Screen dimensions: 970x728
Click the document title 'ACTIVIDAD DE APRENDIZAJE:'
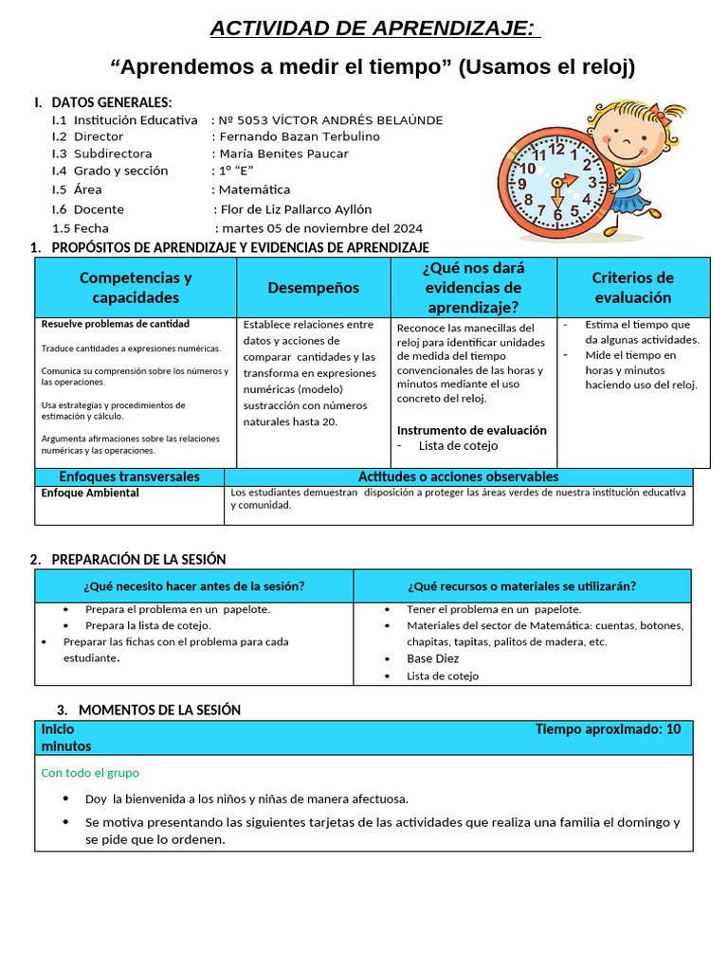pyautogui.click(x=375, y=28)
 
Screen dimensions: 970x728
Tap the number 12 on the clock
pyautogui.click(x=556, y=149)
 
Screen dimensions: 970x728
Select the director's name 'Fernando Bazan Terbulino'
pyautogui.click(x=299, y=136)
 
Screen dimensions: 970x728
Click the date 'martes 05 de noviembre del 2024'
pyautogui.click(x=322, y=228)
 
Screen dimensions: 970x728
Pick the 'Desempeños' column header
pyautogui.click(x=314, y=287)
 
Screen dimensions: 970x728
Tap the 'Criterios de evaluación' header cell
pyautogui.click(x=632, y=287)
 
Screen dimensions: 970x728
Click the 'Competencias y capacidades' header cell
pyautogui.click(x=136, y=287)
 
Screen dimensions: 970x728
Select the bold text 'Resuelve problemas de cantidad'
pyautogui.click(x=116, y=324)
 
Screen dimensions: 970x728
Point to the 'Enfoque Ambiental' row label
pyautogui.click(x=90, y=494)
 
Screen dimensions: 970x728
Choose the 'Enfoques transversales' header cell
pyautogui.click(x=130, y=476)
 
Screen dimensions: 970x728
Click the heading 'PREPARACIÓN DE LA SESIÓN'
pyautogui.click(x=138, y=560)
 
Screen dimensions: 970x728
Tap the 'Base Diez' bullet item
pyautogui.click(x=433, y=658)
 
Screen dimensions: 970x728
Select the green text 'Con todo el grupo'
pyautogui.click(x=90, y=773)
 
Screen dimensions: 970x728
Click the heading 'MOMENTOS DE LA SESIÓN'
pyautogui.click(x=159, y=710)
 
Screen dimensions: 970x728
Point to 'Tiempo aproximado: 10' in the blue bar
pyautogui.click(x=608, y=729)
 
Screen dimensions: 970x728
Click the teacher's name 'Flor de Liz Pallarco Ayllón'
pyautogui.click(x=296, y=209)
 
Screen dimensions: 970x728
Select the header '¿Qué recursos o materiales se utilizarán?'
pyautogui.click(x=522, y=586)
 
